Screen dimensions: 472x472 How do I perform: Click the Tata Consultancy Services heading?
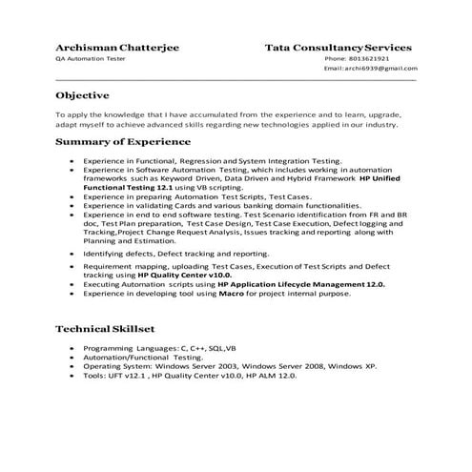pyautogui.click(x=339, y=46)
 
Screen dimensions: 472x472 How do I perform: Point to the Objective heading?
pyautogui.click(x=82, y=95)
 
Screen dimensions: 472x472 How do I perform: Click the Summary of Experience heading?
pyautogui.click(x=125, y=142)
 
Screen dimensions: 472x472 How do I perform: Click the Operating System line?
pyautogui.click(x=229, y=366)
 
